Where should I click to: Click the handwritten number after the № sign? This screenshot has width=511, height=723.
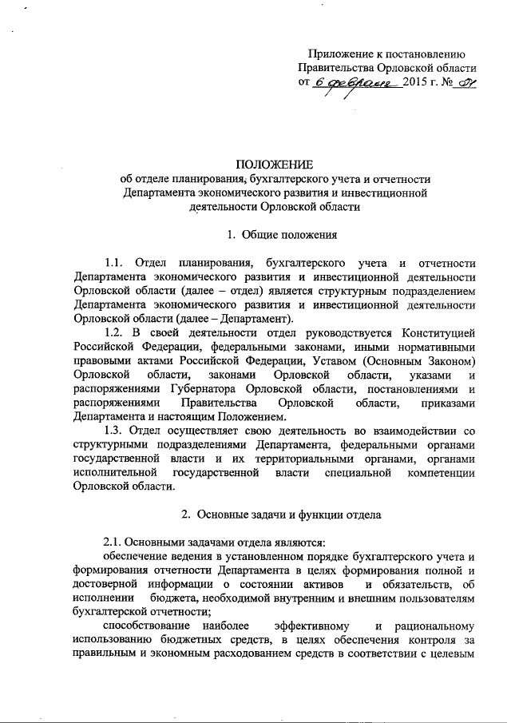tap(465, 84)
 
